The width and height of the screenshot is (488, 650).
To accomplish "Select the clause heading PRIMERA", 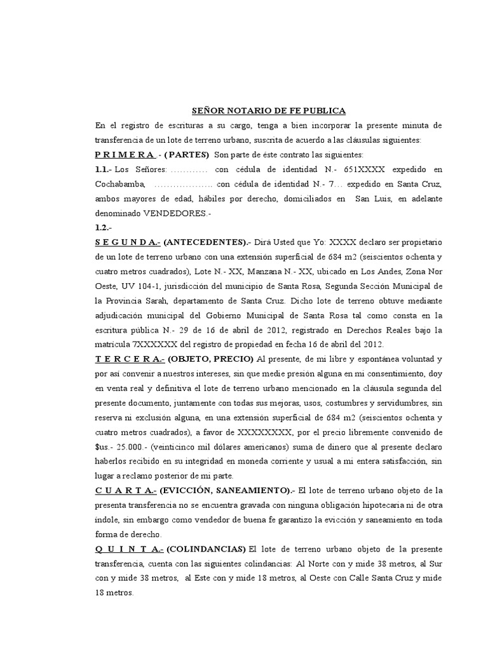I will coord(125,155).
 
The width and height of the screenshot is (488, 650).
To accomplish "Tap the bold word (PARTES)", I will coord(187,155).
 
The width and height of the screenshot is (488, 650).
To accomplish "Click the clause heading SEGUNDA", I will coord(127,242).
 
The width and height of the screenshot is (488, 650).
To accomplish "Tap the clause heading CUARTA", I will coord(125,490).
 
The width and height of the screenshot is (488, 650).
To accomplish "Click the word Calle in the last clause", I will coord(344,578).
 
